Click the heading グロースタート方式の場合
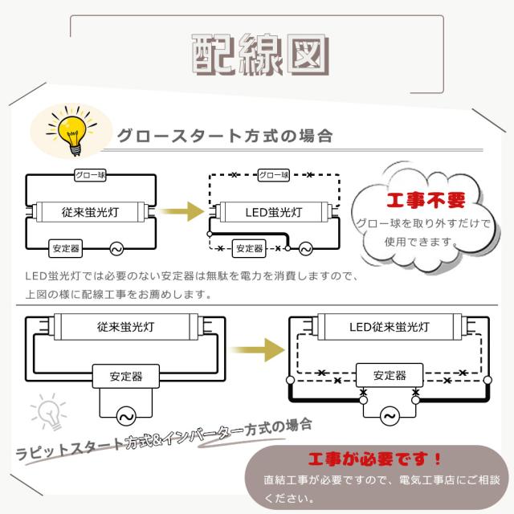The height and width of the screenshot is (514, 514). (224, 135)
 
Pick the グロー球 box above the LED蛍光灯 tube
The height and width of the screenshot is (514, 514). (273, 175)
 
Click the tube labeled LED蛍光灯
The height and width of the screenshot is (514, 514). (273, 213)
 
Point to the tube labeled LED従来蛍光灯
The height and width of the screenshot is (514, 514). (389, 328)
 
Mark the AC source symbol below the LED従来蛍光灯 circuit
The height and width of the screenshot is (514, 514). (389, 416)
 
